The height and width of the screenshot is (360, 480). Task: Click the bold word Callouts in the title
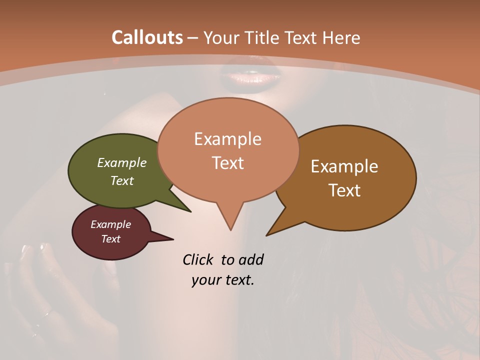(x=147, y=37)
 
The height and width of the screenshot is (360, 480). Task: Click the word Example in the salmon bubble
(x=227, y=139)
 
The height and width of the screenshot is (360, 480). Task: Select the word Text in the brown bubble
(x=344, y=190)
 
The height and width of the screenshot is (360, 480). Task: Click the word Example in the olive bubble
(x=122, y=162)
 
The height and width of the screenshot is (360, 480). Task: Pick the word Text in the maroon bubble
(x=111, y=239)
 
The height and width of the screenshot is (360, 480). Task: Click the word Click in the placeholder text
(x=198, y=259)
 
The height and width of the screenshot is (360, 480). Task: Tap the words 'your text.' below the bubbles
(x=223, y=280)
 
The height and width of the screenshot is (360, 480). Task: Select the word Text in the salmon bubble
(x=227, y=163)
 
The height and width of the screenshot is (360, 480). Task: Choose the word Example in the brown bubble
(x=344, y=166)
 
